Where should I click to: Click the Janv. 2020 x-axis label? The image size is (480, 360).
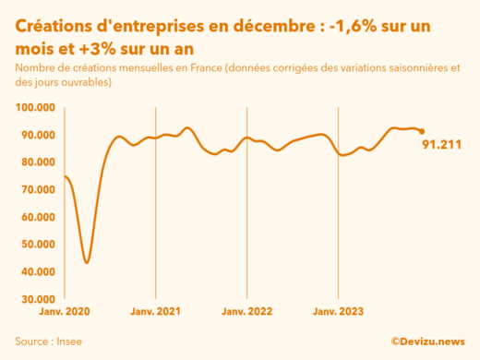(x=65, y=312)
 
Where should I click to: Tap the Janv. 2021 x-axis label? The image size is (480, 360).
(x=156, y=312)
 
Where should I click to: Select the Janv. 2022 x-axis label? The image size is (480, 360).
(x=246, y=312)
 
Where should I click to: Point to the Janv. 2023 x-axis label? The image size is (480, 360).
(x=338, y=312)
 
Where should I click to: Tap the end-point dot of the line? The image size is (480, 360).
(x=422, y=131)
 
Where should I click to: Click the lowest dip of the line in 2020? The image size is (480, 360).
(x=87, y=262)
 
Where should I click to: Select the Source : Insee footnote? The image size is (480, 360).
(x=46, y=341)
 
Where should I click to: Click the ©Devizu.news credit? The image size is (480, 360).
(x=427, y=341)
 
